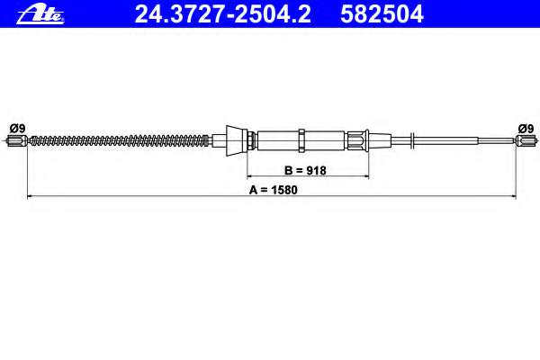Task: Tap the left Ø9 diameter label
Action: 15,128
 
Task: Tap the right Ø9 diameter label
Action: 524,128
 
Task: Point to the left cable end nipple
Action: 18,139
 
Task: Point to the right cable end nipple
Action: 523,139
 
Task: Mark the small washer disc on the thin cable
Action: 411,139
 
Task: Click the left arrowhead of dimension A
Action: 31,195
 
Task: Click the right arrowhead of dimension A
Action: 514,195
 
